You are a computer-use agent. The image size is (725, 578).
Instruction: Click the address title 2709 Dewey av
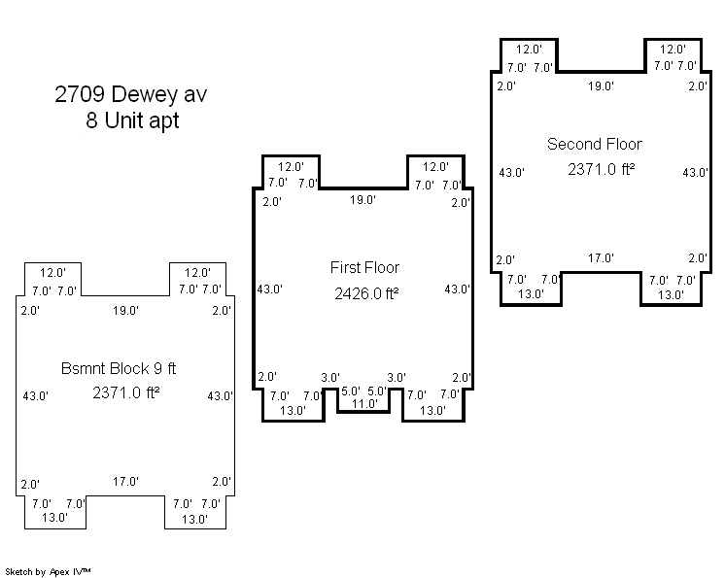point(130,95)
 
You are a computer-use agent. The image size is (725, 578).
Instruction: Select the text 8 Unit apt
point(131,122)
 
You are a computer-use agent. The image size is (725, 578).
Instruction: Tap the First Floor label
point(364,267)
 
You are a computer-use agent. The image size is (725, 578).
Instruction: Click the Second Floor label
point(594,144)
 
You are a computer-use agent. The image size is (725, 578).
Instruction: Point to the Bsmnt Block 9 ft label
point(119,368)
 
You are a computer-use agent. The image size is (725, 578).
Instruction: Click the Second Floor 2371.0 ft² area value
point(601,169)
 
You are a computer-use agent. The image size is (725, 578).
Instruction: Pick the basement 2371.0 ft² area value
point(126,393)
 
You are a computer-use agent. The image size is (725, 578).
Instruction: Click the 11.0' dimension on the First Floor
point(363,404)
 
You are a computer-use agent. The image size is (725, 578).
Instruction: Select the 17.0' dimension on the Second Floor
point(601,258)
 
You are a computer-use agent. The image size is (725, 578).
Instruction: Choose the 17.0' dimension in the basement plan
point(125,482)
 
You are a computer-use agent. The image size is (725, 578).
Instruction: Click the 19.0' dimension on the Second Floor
point(601,86)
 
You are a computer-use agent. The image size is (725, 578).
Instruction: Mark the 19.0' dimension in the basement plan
point(125,311)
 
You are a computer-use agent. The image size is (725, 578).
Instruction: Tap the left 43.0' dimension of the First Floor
point(269,289)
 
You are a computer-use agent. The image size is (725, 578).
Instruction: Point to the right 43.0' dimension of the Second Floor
point(694,173)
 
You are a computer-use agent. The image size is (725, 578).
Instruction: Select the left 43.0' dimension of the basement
point(34,396)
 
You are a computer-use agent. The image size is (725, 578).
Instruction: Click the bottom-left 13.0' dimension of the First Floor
point(293,411)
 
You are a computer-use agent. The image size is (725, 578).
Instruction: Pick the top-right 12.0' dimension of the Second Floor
point(673,49)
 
